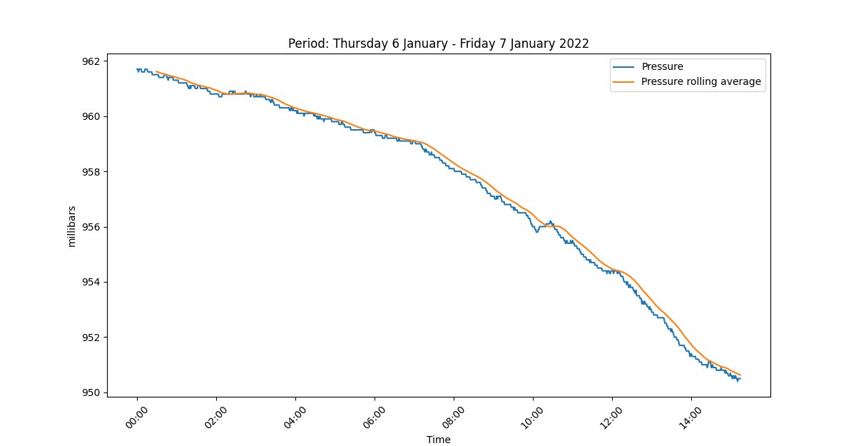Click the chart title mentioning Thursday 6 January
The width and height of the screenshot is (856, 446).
(x=438, y=44)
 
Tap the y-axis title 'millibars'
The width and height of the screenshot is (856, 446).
(x=72, y=226)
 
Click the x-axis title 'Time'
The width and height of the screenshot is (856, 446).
(x=438, y=440)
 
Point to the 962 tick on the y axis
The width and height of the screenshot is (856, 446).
(x=91, y=61)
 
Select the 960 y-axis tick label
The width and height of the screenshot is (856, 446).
(x=91, y=116)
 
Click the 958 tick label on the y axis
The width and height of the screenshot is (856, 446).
(x=91, y=172)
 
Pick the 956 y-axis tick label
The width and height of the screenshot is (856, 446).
(x=91, y=227)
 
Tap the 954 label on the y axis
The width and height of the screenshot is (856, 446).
(x=91, y=282)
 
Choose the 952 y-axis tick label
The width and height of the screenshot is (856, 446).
(x=91, y=338)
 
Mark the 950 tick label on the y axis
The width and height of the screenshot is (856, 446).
(x=91, y=392)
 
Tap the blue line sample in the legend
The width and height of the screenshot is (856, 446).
(x=623, y=67)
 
